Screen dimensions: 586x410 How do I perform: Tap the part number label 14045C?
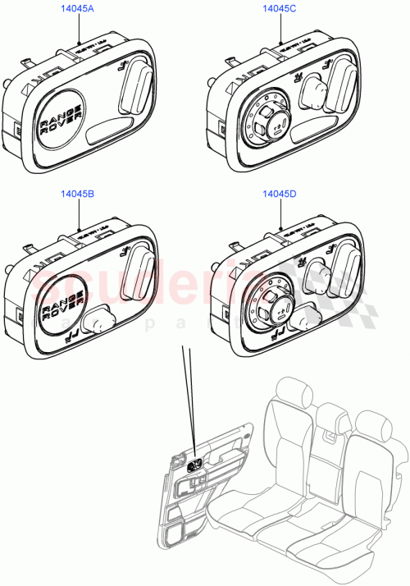point(279,10)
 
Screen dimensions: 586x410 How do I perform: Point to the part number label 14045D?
point(279,195)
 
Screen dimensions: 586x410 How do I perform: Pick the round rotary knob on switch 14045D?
point(268,304)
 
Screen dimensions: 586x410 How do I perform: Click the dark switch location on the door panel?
point(197,465)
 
